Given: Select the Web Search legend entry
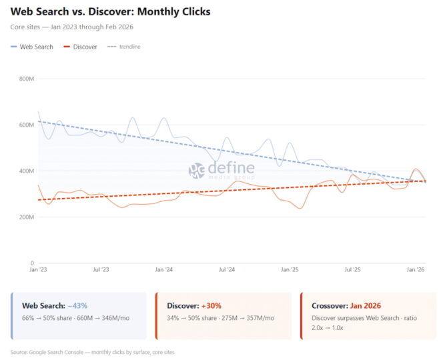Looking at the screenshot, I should point(31,47).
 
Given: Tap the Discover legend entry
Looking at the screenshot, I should point(80,47).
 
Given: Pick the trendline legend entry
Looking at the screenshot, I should point(124,47).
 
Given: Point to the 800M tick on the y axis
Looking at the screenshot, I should point(27,79).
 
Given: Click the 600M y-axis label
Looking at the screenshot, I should point(27,125).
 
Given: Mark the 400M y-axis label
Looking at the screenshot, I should point(27,171).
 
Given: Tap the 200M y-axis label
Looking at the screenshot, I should point(27,217).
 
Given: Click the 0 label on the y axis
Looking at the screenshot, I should point(31,263).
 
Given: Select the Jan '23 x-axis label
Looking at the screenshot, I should point(39,270).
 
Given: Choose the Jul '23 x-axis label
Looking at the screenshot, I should point(101,270).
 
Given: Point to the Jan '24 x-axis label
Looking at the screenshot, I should point(164,270).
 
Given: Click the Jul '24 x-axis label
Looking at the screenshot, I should point(227,270).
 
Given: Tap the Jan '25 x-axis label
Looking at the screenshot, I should point(290,270).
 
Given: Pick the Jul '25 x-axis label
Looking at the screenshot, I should point(352,270).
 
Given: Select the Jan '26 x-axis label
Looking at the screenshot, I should point(416,270).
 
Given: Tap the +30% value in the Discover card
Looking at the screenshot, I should point(211,305).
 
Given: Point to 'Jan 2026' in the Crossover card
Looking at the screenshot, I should point(365,305).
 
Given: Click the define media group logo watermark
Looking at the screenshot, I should point(221,171).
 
